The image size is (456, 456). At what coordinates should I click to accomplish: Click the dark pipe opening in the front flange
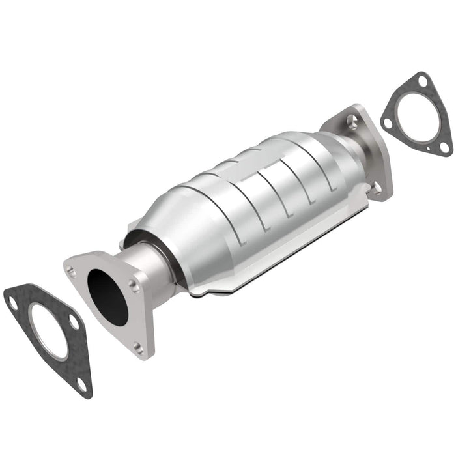(x=107, y=293)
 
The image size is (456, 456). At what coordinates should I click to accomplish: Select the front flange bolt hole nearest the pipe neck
(x=133, y=285)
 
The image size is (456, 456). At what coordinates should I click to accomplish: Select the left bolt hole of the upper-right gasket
(x=388, y=123)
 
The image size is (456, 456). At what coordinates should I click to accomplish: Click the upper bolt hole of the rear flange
(x=352, y=119)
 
